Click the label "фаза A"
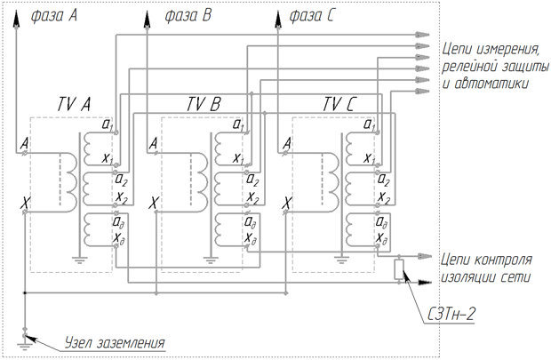tap(53, 16)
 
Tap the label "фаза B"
tap(188, 16)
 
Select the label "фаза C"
tap(311, 16)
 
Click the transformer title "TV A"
tap(74, 104)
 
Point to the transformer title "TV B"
tap(204, 104)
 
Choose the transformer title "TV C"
tap(339, 104)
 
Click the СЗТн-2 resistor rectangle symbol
tap(399, 269)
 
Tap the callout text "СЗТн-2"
tap(451, 314)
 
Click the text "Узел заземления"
tap(115, 343)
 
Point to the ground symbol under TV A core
tap(80, 260)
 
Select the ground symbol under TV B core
tap(210, 260)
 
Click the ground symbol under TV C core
tap(341, 260)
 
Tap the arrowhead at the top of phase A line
tap(16, 19)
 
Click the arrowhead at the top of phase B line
tap(147, 19)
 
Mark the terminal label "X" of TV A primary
tap(26, 203)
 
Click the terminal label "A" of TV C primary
tap(287, 143)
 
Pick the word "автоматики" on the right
tap(491, 84)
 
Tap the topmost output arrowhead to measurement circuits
tap(422, 35)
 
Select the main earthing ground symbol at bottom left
tap(24, 347)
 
